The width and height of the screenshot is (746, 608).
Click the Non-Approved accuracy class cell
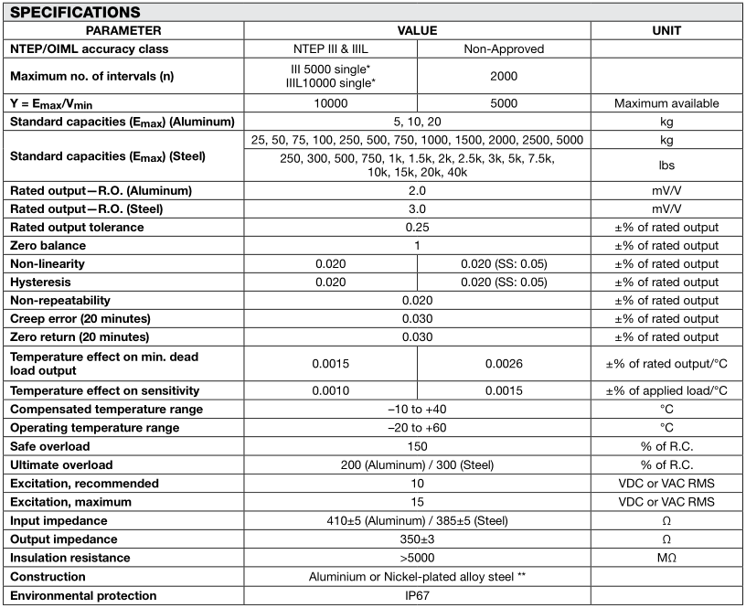click(x=504, y=48)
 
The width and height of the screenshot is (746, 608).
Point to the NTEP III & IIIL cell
click(x=330, y=48)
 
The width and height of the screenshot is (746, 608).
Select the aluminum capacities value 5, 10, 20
click(x=417, y=122)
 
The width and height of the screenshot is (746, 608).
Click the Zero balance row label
click(x=47, y=246)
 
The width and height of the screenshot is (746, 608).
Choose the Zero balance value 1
click(x=417, y=246)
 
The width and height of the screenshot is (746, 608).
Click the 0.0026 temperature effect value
click(x=504, y=363)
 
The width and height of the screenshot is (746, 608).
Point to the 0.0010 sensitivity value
click(x=330, y=390)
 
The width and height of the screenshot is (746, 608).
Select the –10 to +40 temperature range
click(x=417, y=410)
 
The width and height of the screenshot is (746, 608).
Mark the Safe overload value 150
click(x=417, y=446)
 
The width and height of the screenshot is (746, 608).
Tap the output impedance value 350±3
click(x=417, y=539)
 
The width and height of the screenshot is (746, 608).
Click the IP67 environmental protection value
click(x=417, y=595)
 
